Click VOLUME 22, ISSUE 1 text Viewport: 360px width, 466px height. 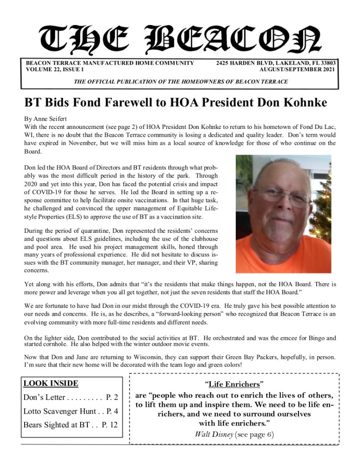click(55, 70)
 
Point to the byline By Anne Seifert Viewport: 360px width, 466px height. click(45, 118)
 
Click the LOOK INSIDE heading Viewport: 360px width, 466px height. click(51, 384)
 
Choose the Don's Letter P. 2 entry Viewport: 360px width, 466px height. click(70, 397)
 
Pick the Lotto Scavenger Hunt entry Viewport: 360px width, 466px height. click(70, 411)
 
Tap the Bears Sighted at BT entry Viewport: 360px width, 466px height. click(70, 425)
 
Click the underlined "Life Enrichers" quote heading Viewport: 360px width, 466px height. click(234, 384)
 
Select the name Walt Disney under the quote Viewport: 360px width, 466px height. click(214, 434)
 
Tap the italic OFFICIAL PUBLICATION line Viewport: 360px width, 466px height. click(180, 82)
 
